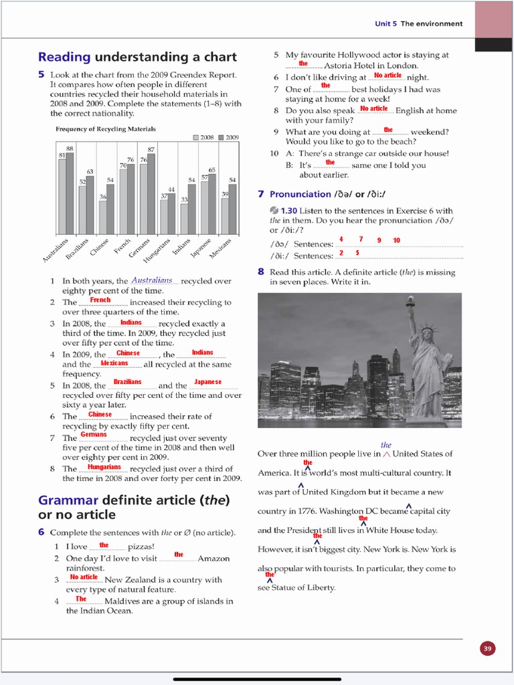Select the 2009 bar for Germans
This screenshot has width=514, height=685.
[151, 194]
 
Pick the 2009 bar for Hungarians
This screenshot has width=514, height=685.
[171, 213]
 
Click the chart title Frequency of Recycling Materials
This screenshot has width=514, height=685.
[106, 129]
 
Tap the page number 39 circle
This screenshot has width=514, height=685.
[487, 648]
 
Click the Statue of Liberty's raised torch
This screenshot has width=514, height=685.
[410, 301]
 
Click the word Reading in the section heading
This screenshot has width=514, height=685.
[64, 57]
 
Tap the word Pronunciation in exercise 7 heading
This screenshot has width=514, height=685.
[301, 194]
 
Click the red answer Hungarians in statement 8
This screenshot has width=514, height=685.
[104, 467]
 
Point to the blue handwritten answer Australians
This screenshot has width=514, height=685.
[152, 280]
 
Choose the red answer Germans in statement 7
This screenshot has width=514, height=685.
[94, 434]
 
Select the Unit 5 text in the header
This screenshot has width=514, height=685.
[386, 23]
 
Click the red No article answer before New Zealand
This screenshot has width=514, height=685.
[84, 577]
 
